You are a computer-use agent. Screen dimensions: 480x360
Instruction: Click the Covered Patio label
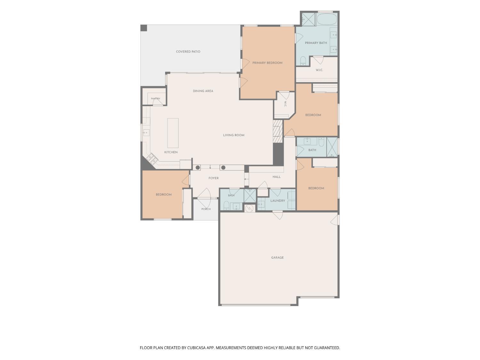(188, 52)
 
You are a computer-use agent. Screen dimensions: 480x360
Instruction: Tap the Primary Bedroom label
(267, 63)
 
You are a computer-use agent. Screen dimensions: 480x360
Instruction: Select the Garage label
(277, 258)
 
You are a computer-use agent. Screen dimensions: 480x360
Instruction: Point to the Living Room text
(234, 135)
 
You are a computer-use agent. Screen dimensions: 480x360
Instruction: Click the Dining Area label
(203, 91)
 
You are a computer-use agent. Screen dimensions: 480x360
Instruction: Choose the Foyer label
(213, 178)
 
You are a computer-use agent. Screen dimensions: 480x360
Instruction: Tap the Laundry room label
(277, 201)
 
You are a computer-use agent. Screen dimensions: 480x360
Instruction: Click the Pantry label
(156, 99)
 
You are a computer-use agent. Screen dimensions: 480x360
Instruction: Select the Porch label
(206, 209)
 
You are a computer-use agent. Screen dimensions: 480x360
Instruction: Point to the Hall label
(276, 177)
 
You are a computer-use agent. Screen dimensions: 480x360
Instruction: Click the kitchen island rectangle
(173, 133)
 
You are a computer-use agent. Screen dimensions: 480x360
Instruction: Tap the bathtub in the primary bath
(327, 19)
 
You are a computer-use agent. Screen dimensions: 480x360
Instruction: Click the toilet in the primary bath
(303, 61)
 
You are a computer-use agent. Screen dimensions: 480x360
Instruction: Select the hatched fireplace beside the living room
(278, 132)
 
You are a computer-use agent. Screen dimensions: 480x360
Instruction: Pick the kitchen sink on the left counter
(146, 132)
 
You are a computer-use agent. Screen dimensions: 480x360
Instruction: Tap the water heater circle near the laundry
(249, 208)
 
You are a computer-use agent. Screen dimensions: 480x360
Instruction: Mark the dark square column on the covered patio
(144, 28)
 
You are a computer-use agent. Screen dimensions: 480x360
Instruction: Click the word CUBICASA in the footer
(196, 348)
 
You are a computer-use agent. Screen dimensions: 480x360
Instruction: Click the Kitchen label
(171, 152)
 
